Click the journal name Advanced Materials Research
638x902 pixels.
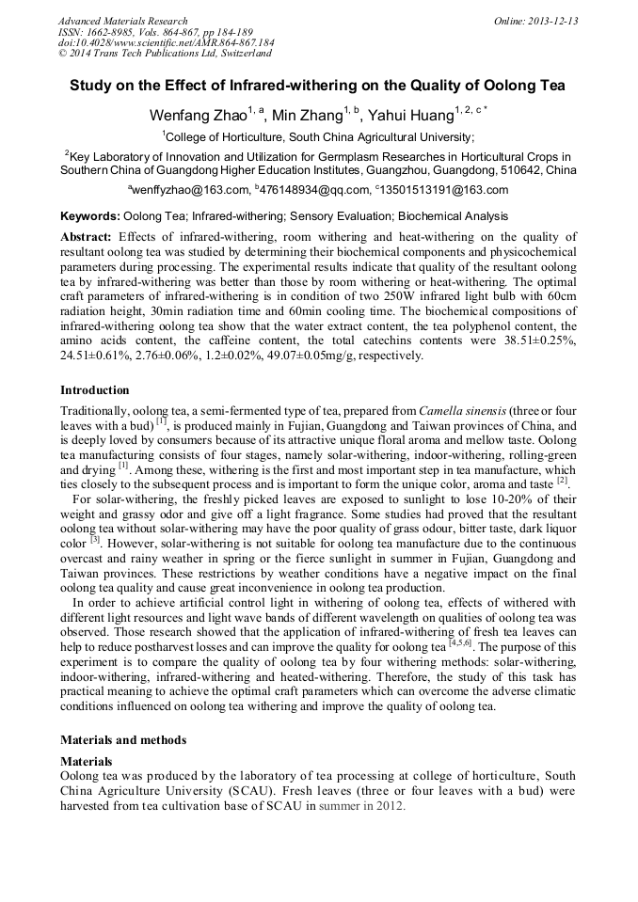pyautogui.click(x=122, y=21)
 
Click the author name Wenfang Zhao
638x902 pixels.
pyautogui.click(x=195, y=116)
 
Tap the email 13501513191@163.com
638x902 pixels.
pyautogui.click(x=446, y=189)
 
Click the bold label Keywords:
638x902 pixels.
pyautogui.click(x=89, y=216)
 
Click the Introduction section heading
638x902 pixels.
pyautogui.click(x=95, y=389)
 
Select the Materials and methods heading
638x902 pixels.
pyautogui.click(x=123, y=740)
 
